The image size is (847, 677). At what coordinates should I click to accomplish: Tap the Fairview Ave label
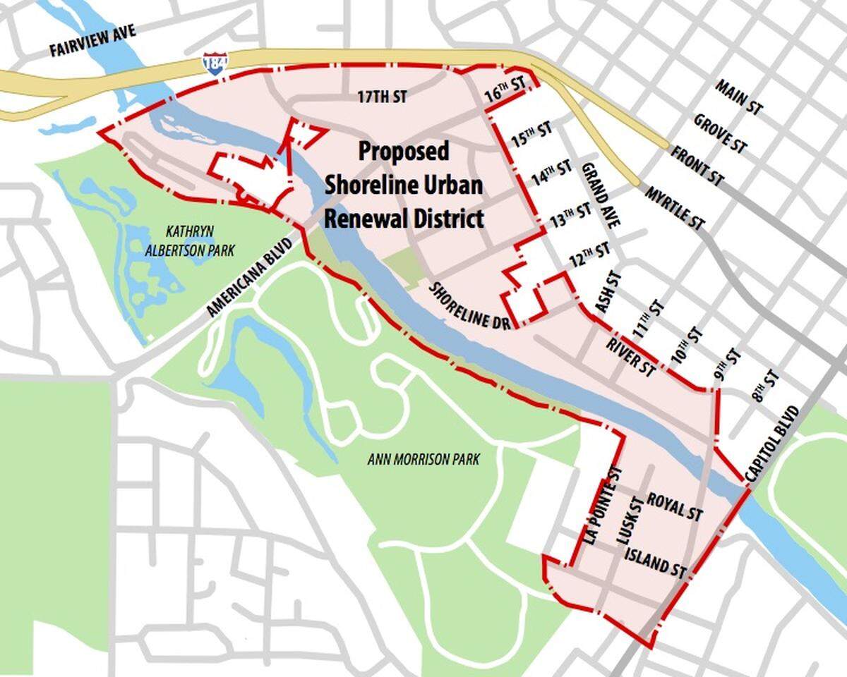92,42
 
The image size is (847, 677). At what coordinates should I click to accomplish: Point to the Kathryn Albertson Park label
190,240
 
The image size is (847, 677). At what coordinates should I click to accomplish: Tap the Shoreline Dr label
469,305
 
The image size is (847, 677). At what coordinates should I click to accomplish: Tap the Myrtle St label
675,208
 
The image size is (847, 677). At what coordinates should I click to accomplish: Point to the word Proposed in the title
404,151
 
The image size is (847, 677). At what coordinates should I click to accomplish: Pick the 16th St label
506,90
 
